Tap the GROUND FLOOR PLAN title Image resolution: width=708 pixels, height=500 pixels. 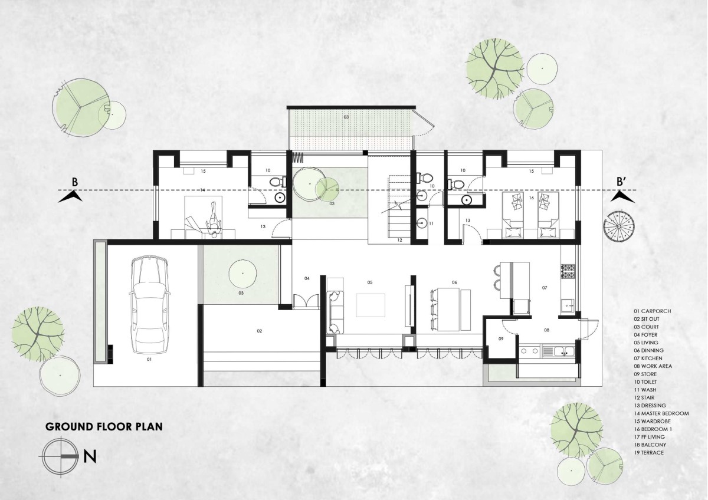[104, 427]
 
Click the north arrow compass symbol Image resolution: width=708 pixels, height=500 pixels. [60, 456]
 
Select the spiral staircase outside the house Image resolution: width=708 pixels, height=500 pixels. [618, 226]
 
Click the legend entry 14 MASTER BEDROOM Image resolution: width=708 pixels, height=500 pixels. [661, 413]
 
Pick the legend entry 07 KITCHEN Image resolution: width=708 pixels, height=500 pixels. [647, 358]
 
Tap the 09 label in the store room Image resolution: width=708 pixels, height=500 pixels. [501, 338]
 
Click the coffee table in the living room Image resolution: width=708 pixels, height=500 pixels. [371, 305]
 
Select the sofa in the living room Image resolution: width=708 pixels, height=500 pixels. [335, 312]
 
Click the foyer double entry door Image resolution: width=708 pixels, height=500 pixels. [306, 300]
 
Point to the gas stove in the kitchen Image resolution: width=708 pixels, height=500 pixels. [568, 271]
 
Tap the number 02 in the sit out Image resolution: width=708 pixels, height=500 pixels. [260, 331]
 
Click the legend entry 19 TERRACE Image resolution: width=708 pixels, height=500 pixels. [648, 452]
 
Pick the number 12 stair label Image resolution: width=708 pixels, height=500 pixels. [400, 240]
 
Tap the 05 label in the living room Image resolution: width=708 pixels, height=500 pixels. [370, 282]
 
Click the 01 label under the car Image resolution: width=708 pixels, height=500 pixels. [149, 359]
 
